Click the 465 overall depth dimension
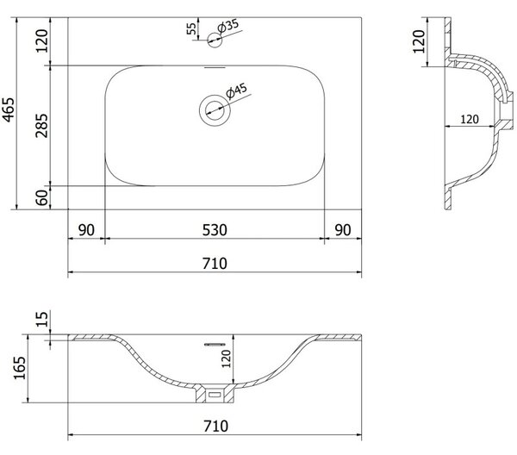tap(9, 109)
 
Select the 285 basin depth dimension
tap(42, 126)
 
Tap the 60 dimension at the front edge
tap(42, 197)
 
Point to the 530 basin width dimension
tap(215, 230)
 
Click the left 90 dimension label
tap(86, 230)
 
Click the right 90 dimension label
tap(343, 230)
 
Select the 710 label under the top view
tap(215, 264)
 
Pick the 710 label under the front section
tap(215, 426)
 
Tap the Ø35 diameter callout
tap(227, 26)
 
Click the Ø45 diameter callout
tap(236, 91)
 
